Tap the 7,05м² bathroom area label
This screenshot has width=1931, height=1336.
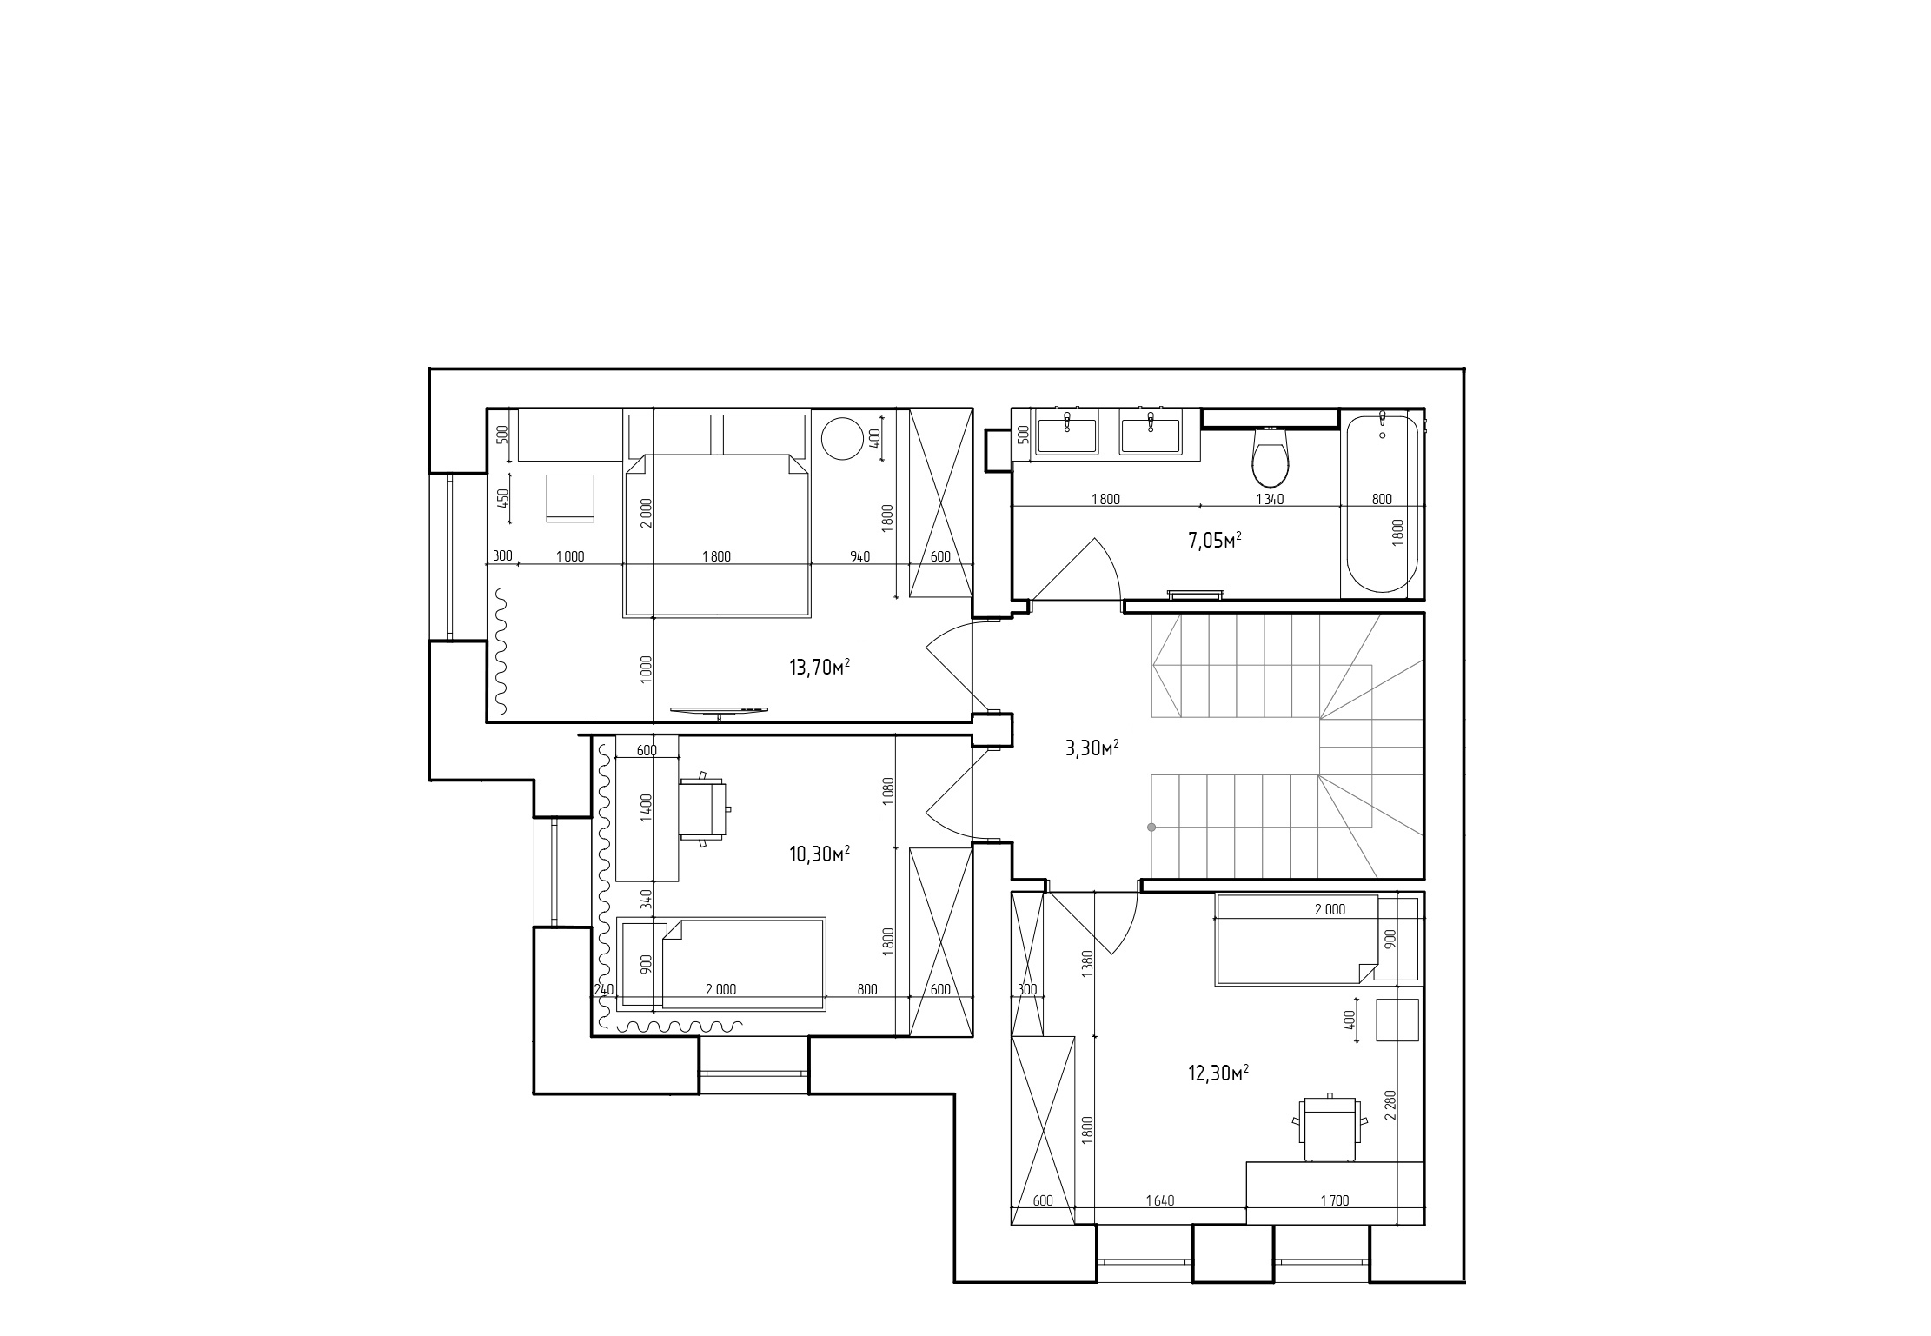click(x=1214, y=541)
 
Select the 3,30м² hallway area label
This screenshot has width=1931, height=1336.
click(x=1092, y=748)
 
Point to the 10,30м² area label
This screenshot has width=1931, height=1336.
click(x=819, y=854)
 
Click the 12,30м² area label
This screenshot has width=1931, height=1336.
click(x=1218, y=1073)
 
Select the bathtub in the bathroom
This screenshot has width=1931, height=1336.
click(x=1382, y=503)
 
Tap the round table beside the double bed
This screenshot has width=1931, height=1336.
click(x=842, y=439)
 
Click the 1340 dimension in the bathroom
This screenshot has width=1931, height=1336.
click(x=1270, y=499)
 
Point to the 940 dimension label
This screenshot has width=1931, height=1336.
click(x=859, y=556)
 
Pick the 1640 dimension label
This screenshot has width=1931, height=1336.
click(x=1159, y=1200)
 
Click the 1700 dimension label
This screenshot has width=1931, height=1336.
click(x=1334, y=1200)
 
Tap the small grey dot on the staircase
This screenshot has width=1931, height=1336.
click(x=1151, y=827)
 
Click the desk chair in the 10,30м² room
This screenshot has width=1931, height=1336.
click(x=704, y=808)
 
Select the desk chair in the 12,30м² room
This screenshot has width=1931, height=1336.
click(x=1329, y=1127)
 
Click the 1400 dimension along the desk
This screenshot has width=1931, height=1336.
click(x=646, y=808)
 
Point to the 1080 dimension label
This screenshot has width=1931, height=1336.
click(x=887, y=791)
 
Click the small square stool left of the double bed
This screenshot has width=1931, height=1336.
click(x=569, y=498)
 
